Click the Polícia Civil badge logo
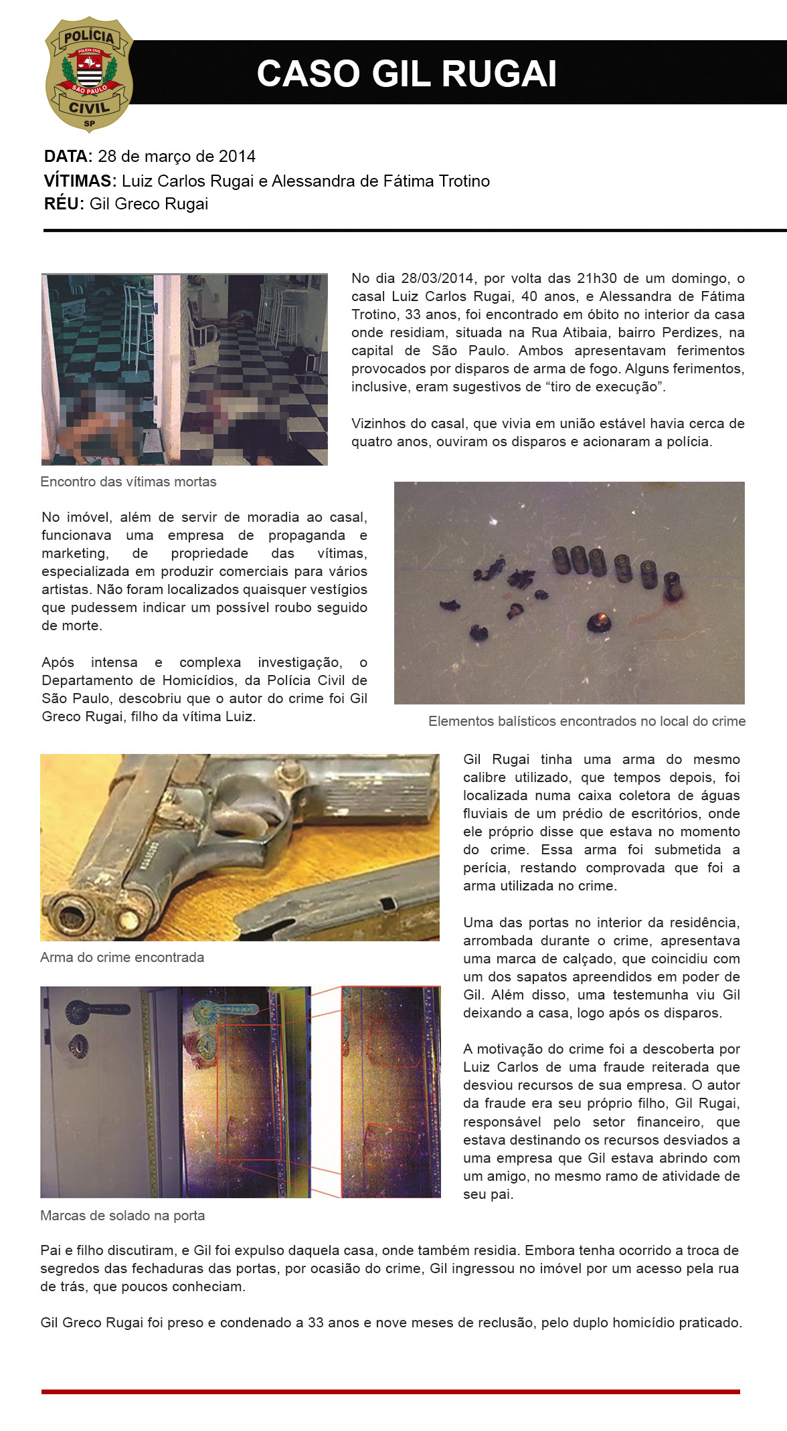[x=89, y=75]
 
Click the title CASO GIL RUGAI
[x=406, y=74]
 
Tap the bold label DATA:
[x=68, y=157]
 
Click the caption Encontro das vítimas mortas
[x=128, y=482]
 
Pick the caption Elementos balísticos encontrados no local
[x=586, y=721]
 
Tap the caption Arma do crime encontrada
[x=122, y=957]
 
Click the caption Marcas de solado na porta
[x=122, y=1216]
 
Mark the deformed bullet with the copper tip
[x=598, y=623]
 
